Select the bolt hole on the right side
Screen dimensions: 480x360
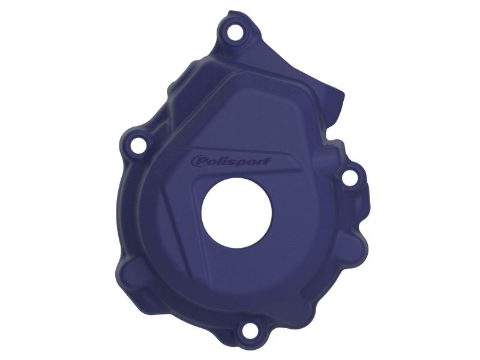tap(349, 178)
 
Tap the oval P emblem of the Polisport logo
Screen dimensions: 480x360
tap(198, 161)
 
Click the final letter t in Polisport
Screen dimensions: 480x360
tap(267, 162)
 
